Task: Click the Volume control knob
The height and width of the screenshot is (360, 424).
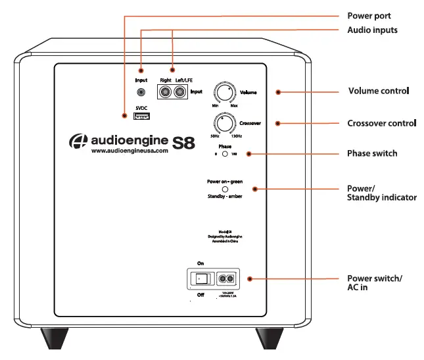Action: click(x=224, y=92)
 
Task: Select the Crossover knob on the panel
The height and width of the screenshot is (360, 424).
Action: click(x=224, y=123)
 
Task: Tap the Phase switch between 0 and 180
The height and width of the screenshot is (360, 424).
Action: click(x=225, y=153)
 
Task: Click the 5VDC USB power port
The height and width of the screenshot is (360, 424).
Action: click(x=141, y=116)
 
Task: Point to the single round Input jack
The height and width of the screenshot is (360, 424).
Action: click(x=141, y=93)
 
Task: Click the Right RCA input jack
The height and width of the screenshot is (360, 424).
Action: click(x=165, y=92)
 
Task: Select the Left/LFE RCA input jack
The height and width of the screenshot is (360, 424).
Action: click(x=179, y=92)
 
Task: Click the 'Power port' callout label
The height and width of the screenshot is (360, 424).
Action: click(x=369, y=15)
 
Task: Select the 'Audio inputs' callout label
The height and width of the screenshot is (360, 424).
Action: click(x=372, y=30)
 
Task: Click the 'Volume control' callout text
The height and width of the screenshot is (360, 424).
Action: click(x=379, y=90)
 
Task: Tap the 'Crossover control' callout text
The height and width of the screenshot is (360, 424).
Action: click(x=381, y=123)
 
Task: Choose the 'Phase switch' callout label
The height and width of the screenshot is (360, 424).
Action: click(x=372, y=153)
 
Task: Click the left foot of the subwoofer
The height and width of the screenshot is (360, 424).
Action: click(x=55, y=338)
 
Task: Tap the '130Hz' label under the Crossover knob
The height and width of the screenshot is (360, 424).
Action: click(x=239, y=136)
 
